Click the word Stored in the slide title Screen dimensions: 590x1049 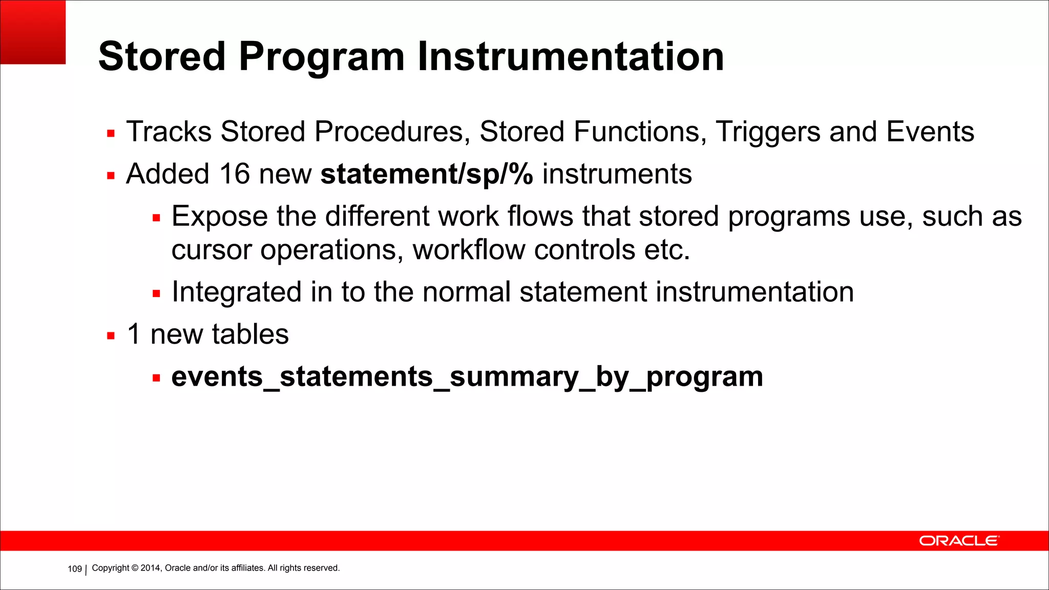(162, 56)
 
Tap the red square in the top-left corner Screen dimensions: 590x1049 (33, 32)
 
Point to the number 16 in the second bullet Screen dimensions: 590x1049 (234, 174)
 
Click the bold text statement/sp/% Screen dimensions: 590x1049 (426, 175)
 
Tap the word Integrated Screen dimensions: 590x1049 (236, 292)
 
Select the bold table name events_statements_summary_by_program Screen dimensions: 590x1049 (467, 377)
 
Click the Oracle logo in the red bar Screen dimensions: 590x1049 (958, 541)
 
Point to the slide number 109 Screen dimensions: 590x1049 (75, 569)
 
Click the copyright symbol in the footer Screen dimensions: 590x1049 (135, 568)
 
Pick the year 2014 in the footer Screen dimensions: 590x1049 (151, 568)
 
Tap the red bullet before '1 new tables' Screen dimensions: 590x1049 (111, 336)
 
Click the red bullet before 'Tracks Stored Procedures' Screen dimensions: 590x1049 (111, 134)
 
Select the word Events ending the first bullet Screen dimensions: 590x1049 (930, 132)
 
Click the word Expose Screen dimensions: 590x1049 (219, 217)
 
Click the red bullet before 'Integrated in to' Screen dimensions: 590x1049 (156, 294)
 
